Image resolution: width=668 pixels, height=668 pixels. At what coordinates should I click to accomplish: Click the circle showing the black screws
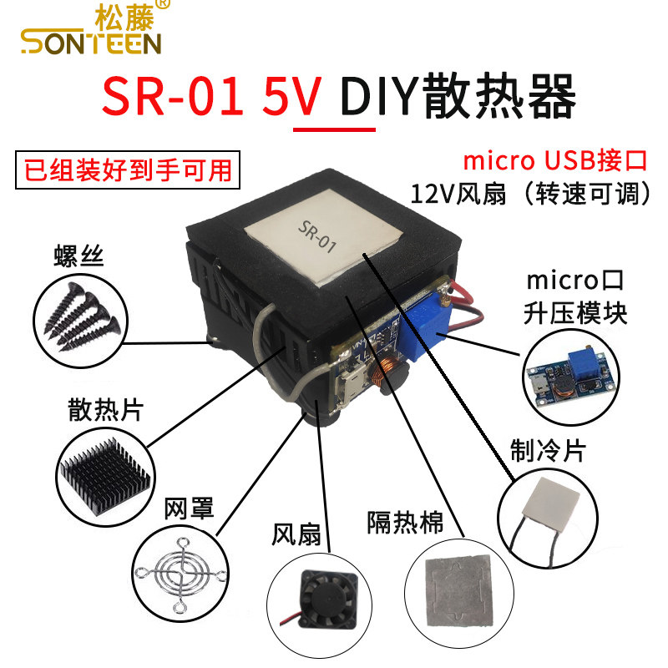coord(78,315)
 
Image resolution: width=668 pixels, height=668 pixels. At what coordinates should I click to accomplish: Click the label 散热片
coord(105,411)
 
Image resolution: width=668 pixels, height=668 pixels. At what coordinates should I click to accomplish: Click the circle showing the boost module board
coord(573,377)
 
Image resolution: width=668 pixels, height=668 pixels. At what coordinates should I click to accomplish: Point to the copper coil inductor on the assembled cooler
coord(387,372)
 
